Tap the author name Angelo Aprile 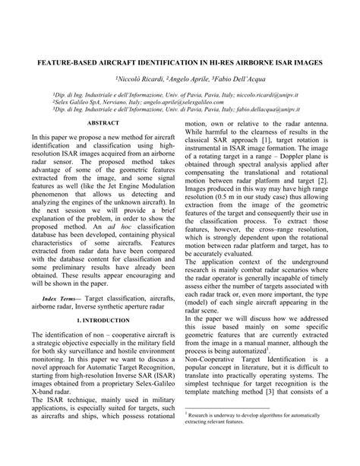pos(185,78)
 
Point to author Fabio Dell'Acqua pos(233,78)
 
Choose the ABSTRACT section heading pos(103,122)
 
